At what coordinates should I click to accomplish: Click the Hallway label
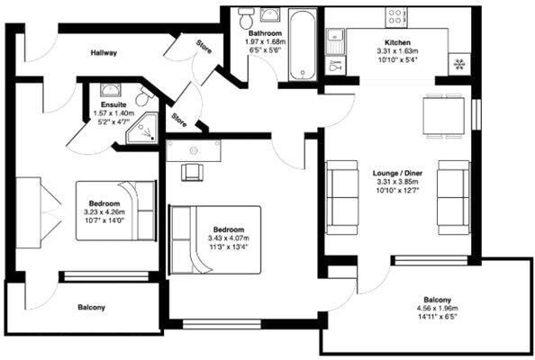(104, 53)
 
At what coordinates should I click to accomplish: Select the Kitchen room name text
(398, 43)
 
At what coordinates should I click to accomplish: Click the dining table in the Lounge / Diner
(443, 115)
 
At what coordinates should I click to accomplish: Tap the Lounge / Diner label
(397, 173)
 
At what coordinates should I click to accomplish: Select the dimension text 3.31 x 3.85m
(397, 182)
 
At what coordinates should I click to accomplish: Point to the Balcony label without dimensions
(91, 308)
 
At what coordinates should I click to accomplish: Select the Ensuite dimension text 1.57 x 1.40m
(113, 114)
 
